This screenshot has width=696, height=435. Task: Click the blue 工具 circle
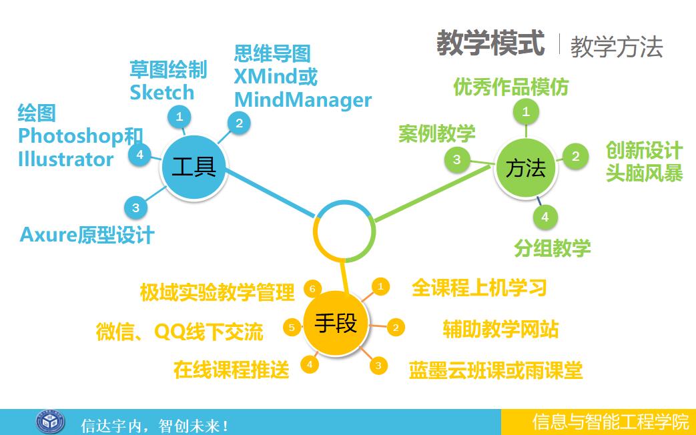click(194, 167)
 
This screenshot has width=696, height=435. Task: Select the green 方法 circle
click(526, 169)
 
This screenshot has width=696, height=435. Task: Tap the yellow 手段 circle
click(336, 324)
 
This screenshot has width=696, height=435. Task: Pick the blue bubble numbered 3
click(136, 207)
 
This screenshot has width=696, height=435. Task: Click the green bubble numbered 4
click(545, 217)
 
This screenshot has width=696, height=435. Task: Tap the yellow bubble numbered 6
click(312, 289)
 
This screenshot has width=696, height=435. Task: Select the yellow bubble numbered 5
click(292, 328)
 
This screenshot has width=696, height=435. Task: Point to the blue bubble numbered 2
click(239, 123)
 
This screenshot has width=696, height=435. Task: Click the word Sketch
click(162, 92)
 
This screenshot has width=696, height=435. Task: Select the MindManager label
click(303, 100)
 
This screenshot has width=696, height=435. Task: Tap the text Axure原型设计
click(87, 235)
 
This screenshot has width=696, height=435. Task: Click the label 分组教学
click(553, 248)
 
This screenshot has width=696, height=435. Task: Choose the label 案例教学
click(437, 133)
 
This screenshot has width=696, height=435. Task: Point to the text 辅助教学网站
click(500, 330)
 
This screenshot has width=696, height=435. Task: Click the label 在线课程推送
click(232, 370)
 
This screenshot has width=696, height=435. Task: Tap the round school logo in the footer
click(50, 422)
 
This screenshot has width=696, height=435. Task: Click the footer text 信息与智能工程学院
click(611, 422)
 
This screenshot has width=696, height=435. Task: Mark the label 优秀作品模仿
click(511, 87)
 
